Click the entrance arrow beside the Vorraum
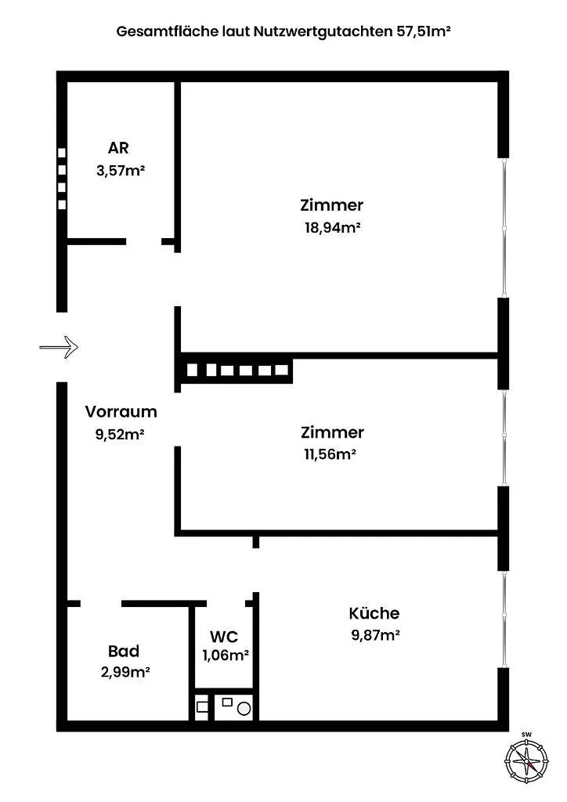[59, 347]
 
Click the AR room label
[118, 148]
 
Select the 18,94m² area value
[333, 227]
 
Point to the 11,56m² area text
[330, 454]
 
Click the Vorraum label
[121, 412]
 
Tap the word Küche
[374, 612]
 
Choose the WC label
[224, 637]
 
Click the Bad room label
[124, 651]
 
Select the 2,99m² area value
[125, 672]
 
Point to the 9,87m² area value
[375, 635]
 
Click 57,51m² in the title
[424, 31]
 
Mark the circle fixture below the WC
[244, 709]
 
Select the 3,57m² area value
[121, 170]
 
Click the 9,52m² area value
[120, 435]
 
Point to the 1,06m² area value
[226, 656]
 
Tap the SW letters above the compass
[526, 735]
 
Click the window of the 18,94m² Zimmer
[504, 228]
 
